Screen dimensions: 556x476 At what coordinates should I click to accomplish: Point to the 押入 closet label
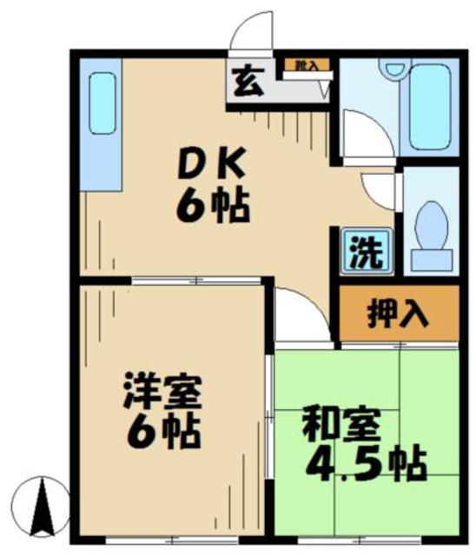click(x=398, y=313)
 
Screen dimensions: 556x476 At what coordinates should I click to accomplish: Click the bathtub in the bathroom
click(x=429, y=107)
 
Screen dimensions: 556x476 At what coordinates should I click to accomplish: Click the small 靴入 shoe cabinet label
click(x=305, y=65)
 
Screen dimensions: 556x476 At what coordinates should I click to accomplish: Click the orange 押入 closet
click(x=397, y=313)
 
